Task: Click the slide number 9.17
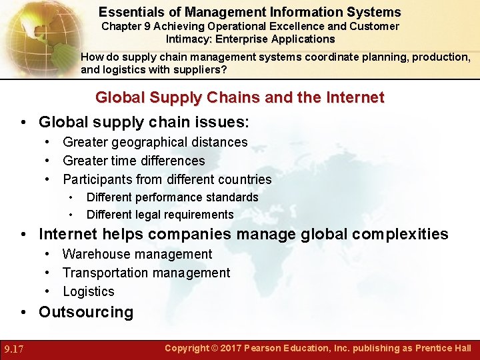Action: pos(15,349)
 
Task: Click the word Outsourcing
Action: pos(86,312)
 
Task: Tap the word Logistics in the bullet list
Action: pos(89,291)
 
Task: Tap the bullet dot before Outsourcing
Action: pos(24,312)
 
